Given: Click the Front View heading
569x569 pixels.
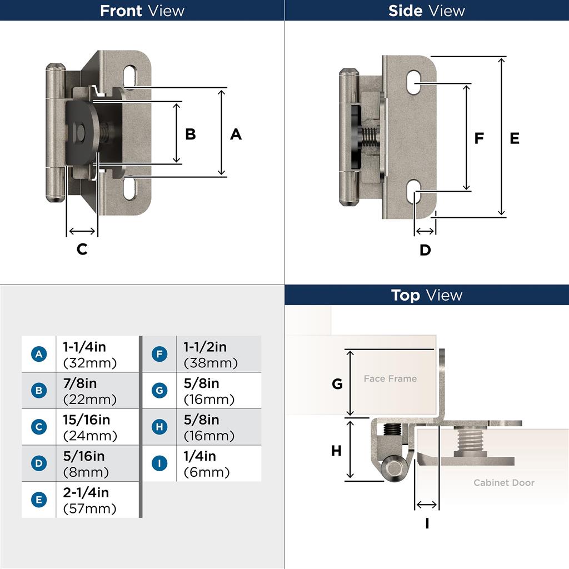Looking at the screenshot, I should click(142, 11).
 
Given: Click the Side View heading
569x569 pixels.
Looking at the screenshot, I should click(427, 11).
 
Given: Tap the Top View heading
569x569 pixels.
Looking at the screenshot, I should click(427, 295).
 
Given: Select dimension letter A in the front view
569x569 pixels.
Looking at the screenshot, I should click(236, 134).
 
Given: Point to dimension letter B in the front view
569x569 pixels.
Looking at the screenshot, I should click(191, 134).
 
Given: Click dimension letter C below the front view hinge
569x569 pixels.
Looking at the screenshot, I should click(82, 249).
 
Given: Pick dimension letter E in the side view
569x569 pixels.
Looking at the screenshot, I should click(515, 138).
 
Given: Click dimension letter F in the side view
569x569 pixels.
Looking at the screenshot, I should click(479, 138).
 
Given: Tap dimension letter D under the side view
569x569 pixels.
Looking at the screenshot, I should click(425, 250).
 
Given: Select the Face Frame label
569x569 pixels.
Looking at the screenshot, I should click(390, 378).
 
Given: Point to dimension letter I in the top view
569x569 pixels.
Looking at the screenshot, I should click(427, 523).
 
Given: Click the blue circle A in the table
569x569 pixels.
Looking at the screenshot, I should click(38, 354).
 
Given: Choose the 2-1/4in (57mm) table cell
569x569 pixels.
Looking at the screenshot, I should click(97, 500).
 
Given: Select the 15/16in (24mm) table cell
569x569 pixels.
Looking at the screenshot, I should click(97, 427).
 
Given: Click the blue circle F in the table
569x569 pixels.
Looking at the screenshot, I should click(159, 354).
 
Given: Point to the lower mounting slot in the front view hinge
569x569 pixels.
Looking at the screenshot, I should click(129, 188).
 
